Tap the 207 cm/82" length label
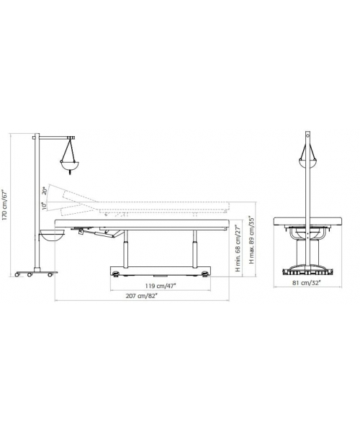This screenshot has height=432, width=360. coord(142,296)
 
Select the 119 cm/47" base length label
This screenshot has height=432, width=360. coord(161,286)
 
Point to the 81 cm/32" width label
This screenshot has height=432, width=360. coord(307,282)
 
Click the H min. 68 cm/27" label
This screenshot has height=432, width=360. coord(238,248)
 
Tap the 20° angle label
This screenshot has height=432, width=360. coord(44,191)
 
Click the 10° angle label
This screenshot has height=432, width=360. coord(44,205)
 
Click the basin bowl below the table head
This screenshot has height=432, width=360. coord(53,236)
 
